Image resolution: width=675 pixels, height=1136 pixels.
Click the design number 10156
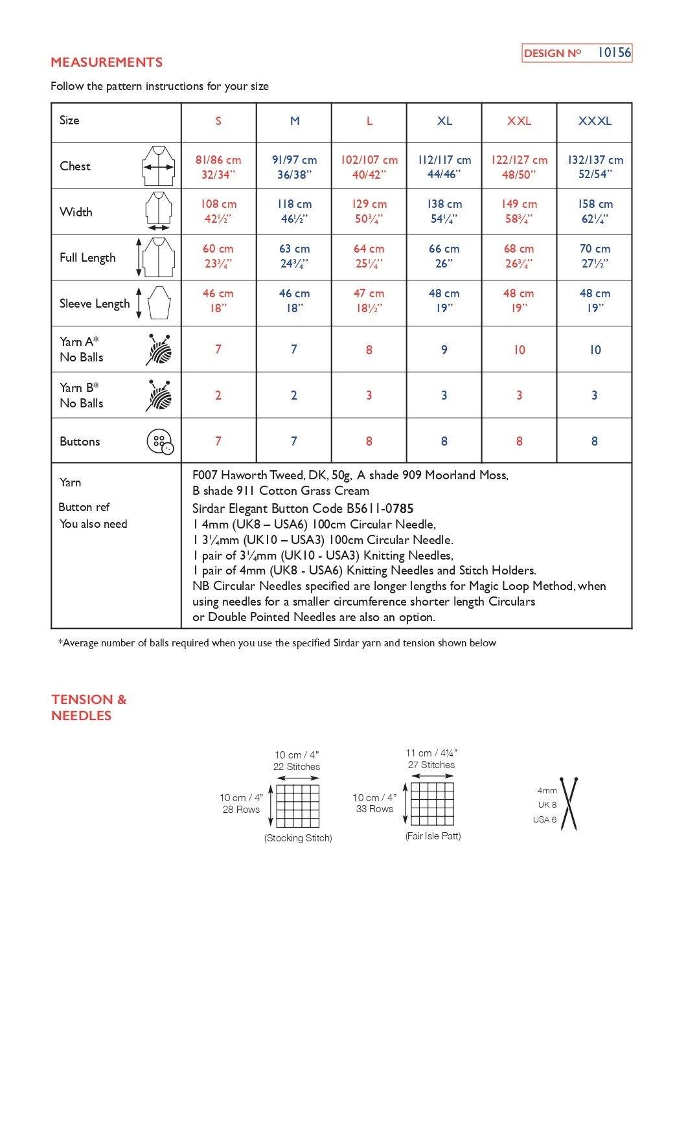point(613,52)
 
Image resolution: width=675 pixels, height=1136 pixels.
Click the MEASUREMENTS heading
point(106,62)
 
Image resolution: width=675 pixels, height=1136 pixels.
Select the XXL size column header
point(519,121)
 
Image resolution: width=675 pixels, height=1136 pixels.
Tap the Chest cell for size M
point(294,166)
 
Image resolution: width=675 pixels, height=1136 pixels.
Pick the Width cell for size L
point(369,211)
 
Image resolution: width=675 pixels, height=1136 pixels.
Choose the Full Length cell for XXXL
point(595,256)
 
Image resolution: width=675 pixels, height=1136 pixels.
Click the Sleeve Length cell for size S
point(218,301)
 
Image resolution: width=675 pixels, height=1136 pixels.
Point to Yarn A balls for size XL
point(444,350)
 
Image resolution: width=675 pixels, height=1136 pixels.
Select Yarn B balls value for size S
point(218,395)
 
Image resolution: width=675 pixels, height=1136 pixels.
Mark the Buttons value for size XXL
point(519,441)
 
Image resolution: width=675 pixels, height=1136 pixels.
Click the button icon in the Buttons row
point(161,442)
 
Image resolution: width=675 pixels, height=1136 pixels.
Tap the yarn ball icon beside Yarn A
point(159,350)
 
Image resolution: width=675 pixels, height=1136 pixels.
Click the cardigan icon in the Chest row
point(159,166)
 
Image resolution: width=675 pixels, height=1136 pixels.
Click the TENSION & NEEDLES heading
point(89,707)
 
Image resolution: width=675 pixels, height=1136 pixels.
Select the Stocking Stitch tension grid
point(298,806)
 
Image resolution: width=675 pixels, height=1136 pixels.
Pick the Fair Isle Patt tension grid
point(432,804)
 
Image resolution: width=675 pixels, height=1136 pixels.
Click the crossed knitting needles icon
point(569,804)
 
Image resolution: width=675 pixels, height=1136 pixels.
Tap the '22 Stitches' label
point(297,767)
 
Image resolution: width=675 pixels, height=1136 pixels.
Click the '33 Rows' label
point(374,809)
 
